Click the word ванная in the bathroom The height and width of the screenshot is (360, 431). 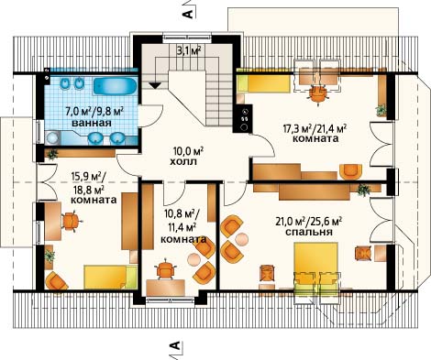(x=92, y=124)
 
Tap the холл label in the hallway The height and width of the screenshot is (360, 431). (x=182, y=161)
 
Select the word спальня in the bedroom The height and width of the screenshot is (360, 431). (x=309, y=232)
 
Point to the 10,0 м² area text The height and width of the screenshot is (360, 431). (x=188, y=150)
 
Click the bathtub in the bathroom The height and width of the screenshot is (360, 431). (x=115, y=86)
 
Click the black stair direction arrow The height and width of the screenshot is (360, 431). (x=155, y=86)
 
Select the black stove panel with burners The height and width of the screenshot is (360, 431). (x=243, y=118)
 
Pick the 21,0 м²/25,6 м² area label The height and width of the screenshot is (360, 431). (x=308, y=221)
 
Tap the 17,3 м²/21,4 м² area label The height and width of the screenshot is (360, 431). (x=315, y=128)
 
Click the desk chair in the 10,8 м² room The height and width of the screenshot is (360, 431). (x=166, y=270)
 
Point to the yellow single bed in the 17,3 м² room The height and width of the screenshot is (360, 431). (x=263, y=83)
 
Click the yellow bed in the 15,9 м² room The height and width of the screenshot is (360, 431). (x=110, y=277)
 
